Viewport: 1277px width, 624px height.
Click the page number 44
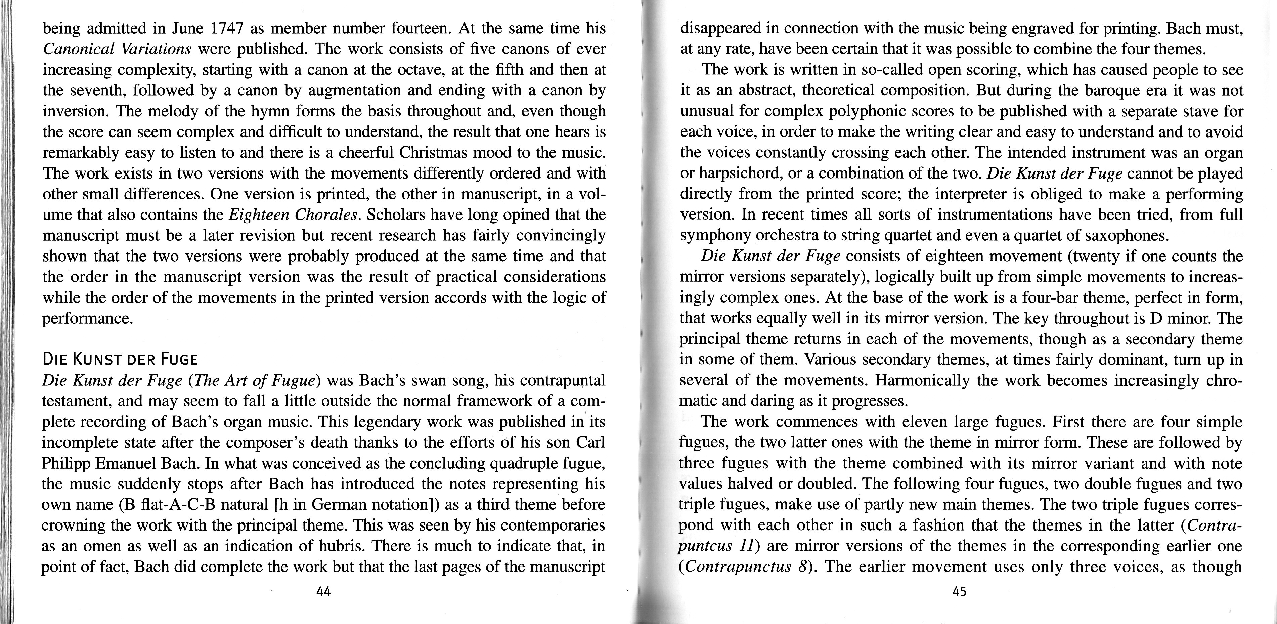(x=323, y=591)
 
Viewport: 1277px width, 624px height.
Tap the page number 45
(x=959, y=591)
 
